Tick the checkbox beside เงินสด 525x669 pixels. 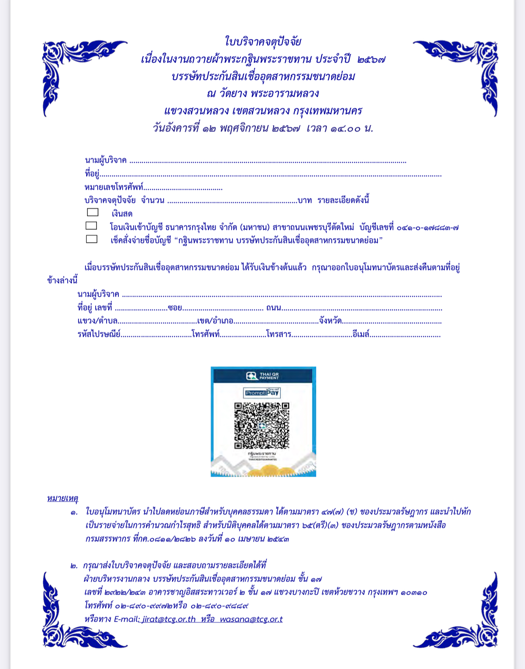coord(93,212)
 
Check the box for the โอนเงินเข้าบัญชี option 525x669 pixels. coord(91,226)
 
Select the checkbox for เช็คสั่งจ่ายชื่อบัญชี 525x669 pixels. coord(91,239)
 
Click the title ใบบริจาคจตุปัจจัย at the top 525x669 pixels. coord(263,41)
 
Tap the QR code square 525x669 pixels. coord(262,426)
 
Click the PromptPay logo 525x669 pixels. coord(262,393)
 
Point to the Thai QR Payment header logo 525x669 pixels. coord(262,376)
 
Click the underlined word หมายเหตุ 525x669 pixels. coord(63,498)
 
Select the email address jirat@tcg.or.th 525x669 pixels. coord(169,619)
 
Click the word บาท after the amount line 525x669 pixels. coord(305,200)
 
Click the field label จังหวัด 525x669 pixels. coord(330,321)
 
